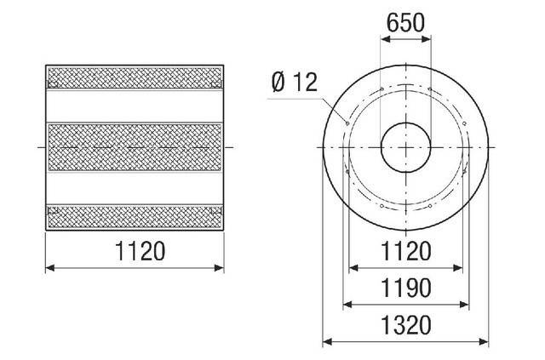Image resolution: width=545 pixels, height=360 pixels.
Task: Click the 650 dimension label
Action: tap(405, 24)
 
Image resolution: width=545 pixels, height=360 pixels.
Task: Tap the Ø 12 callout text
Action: tap(293, 83)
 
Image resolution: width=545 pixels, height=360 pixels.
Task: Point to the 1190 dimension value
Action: tap(405, 287)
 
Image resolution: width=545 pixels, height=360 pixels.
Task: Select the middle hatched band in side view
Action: tap(136, 147)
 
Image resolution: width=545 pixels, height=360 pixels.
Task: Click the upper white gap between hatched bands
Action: tap(136, 105)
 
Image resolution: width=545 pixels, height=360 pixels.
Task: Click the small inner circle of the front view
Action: tap(405, 146)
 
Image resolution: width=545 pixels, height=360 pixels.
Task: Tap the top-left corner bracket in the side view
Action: tap(51, 83)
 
